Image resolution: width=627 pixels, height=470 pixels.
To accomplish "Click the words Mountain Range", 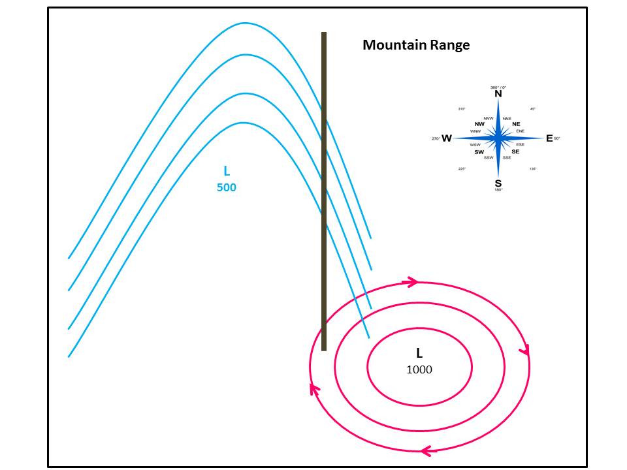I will coord(416,45).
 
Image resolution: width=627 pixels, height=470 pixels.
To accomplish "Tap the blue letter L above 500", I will coord(227,171).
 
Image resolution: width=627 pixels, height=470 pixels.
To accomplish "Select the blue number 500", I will coord(226,187).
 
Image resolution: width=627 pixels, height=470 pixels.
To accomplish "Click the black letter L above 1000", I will coord(419,353).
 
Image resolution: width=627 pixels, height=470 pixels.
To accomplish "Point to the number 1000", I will coord(419,369).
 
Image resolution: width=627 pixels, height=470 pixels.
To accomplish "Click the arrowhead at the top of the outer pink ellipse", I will coord(412,282).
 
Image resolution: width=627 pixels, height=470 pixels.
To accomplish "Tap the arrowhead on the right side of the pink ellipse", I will coord(524,351).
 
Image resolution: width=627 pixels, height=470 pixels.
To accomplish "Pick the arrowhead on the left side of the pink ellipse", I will coord(314,389).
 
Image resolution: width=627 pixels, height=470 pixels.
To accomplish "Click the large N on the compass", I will coord(498,94).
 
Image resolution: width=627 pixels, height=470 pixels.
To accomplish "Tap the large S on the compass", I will coord(498,183).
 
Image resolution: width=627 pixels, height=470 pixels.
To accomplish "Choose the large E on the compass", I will coord(549,138).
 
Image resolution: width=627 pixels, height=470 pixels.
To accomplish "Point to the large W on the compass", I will coord(447,138).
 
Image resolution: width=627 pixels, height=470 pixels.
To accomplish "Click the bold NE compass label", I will coord(516,124).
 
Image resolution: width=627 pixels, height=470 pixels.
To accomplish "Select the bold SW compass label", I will coord(479,152).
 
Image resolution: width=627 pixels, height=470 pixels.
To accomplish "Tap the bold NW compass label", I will coord(479,124).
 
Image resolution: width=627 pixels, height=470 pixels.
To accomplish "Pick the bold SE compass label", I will coord(515,151).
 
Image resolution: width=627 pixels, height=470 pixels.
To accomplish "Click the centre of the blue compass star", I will coord(498,138).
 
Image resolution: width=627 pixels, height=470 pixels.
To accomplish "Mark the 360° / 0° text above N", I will coord(498,87).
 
